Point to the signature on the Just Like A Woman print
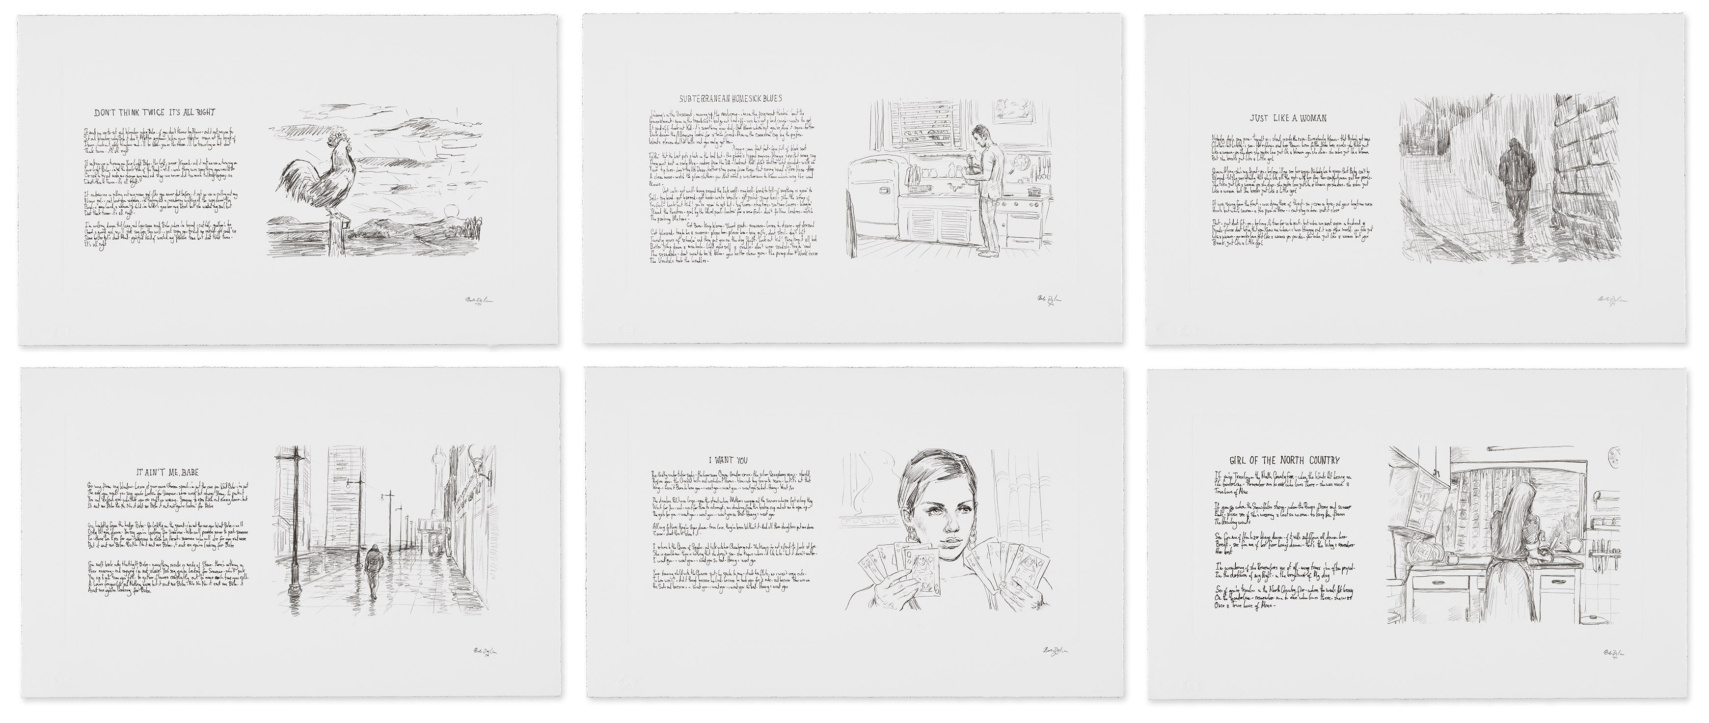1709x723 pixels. [1611, 302]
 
